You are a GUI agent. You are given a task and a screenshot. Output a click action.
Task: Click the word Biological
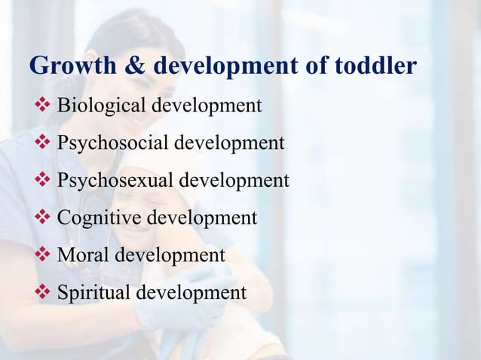pyautogui.click(x=103, y=105)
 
